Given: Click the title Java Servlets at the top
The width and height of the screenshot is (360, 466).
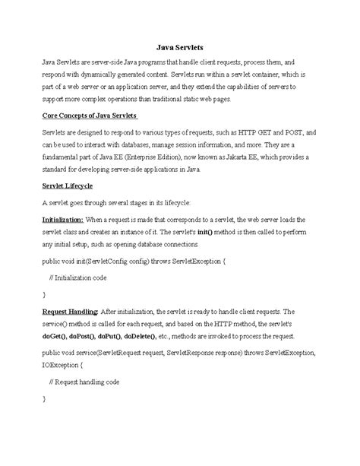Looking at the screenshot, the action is (180, 47).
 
